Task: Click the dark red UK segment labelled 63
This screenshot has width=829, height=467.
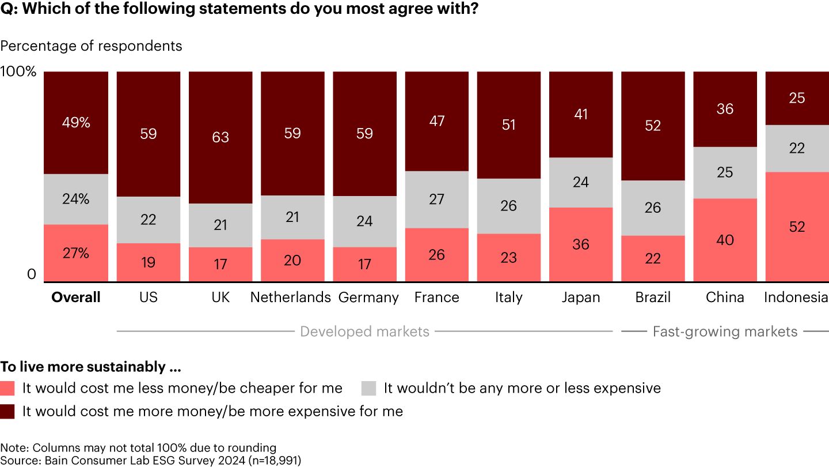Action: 220,137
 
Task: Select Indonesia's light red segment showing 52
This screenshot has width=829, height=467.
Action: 797,227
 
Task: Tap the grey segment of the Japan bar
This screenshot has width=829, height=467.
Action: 581,182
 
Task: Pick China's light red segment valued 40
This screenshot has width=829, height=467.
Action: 725,240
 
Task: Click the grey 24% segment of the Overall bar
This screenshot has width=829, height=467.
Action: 76,199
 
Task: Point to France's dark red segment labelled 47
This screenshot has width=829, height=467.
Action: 436,121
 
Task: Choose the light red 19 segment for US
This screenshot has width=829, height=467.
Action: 149,262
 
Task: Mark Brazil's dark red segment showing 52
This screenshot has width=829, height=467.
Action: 653,126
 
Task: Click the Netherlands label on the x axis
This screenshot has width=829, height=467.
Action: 291,297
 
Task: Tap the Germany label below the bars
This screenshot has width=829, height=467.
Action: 368,297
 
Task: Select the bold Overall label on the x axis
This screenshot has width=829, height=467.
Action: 76,297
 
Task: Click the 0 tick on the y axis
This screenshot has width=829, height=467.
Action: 31,275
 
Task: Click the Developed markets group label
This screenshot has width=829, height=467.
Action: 365,332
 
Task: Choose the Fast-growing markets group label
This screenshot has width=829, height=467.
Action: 725,332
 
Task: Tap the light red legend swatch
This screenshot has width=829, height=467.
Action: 8,388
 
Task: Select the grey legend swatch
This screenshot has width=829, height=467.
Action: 368,388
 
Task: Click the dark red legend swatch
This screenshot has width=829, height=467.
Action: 8,411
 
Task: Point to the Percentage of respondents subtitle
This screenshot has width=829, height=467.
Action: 91,46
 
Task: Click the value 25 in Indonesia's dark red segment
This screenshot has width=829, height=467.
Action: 797,98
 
